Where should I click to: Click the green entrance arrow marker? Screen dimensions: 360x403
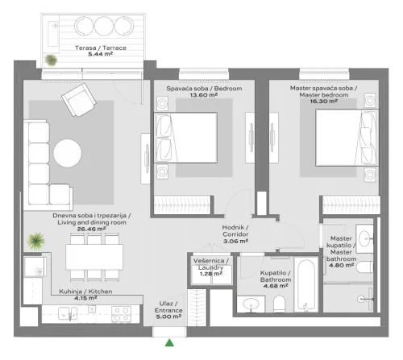pos(170,344)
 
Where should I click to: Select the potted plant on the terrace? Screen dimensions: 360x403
pos(51,60)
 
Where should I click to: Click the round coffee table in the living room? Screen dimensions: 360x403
pos(66,151)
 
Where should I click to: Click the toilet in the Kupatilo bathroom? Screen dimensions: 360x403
pos(280,303)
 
